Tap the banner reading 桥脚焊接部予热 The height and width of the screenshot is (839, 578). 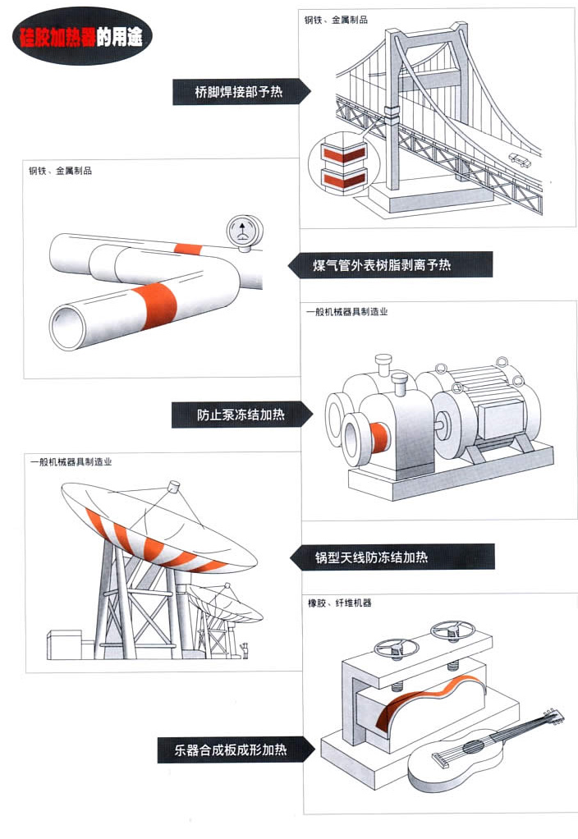[239, 92]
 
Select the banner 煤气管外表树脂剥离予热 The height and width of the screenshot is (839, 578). [391, 265]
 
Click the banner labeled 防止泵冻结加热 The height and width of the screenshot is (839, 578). [240, 415]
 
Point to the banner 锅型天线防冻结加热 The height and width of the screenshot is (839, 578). [392, 557]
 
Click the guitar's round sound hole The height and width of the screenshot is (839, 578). [474, 748]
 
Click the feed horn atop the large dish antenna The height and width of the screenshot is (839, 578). [173, 487]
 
